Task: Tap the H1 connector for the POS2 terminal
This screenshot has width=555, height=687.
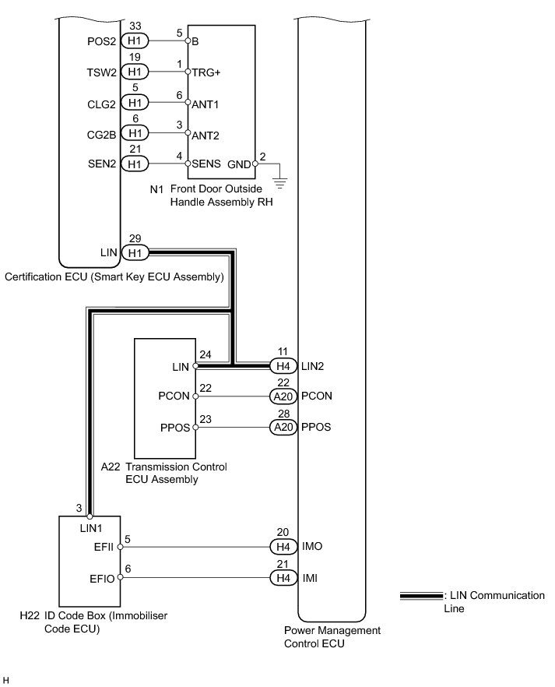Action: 135,41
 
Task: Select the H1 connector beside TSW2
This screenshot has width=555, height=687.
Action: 135,72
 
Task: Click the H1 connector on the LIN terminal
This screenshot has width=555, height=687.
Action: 135,252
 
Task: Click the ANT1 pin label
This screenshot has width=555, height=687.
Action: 205,104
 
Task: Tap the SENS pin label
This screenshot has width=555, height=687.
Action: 205,164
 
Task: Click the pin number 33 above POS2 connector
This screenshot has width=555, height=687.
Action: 133,26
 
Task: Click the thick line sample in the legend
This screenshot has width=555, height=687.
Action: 420,597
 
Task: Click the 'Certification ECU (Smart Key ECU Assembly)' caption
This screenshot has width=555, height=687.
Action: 114,277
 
